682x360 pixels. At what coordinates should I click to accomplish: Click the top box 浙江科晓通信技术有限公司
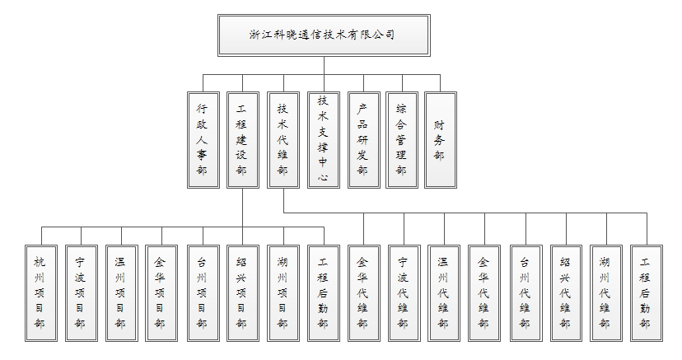[x=324, y=35]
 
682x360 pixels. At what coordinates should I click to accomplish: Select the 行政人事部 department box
[x=203, y=140]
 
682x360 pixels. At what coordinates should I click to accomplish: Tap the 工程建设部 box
[x=243, y=140]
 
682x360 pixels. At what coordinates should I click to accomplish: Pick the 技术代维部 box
[x=283, y=140]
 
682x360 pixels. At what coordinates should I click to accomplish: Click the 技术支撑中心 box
[x=324, y=140]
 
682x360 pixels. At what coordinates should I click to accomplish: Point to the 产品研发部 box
[x=364, y=140]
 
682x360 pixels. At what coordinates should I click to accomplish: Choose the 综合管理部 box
[x=402, y=140]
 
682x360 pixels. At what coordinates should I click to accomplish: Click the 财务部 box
[x=441, y=140]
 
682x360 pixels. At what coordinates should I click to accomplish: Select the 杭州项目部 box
[x=41, y=293]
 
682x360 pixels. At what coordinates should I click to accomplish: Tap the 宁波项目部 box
[x=82, y=293]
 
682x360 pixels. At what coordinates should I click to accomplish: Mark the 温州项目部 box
[x=122, y=293]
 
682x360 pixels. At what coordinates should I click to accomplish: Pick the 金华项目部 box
[x=161, y=293]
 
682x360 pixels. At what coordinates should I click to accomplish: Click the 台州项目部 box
[x=203, y=293]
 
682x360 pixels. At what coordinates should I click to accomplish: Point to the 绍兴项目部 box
[x=243, y=293]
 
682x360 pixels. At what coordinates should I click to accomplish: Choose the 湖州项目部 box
[x=283, y=293]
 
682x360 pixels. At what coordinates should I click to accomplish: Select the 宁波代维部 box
[x=404, y=293]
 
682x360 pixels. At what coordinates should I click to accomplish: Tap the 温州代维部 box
[x=444, y=293]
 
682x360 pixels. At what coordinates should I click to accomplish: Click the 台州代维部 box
[x=526, y=293]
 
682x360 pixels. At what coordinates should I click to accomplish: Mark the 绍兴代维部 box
[x=567, y=293]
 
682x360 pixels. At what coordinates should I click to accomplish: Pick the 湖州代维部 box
[x=606, y=293]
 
